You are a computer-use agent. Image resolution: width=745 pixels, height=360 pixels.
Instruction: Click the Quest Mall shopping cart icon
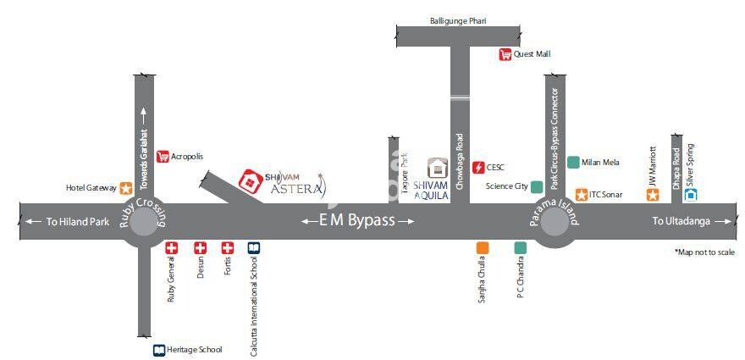coord(505,54)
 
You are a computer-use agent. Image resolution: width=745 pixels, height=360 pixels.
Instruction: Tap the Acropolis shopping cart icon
coord(163,156)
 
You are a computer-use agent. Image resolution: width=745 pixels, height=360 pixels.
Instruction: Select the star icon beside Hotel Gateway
coord(125,188)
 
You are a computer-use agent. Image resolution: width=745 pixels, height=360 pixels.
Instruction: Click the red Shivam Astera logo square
coord(250,180)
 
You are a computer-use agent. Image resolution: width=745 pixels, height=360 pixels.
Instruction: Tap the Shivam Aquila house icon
coord(437,168)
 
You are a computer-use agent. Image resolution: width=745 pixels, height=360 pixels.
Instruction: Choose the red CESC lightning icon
coord(478,168)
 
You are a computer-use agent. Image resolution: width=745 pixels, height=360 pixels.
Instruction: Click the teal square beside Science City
coord(537,186)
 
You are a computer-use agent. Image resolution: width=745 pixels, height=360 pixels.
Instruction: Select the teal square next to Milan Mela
coord(573,162)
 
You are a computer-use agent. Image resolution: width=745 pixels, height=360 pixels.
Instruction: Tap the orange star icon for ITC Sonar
coord(582,194)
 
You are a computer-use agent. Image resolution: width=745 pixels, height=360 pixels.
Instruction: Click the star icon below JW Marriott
coord(653,195)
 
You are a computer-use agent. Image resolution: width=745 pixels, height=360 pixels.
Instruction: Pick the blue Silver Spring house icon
coord(690,194)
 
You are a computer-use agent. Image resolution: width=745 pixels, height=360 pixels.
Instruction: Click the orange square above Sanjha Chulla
coord(483,247)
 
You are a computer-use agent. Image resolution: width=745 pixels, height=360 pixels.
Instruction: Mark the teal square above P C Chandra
coord(520,247)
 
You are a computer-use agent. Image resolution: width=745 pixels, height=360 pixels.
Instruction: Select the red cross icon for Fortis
coord(227,247)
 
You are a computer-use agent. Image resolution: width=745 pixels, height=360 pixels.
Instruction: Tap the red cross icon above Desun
coord(200,247)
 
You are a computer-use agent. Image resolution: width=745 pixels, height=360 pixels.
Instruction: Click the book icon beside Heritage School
coord(158,349)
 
